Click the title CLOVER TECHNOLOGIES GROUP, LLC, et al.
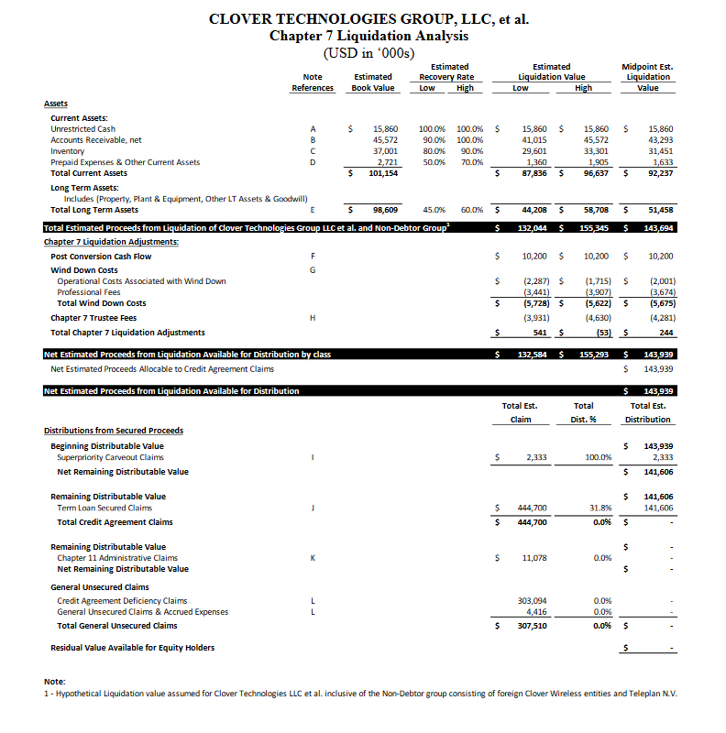pyautogui.click(x=368, y=19)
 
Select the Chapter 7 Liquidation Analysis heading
pyautogui.click(x=368, y=36)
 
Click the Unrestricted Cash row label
pyautogui.click(x=82, y=129)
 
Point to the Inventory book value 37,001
pyautogui.click(x=385, y=151)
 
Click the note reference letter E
pyautogui.click(x=313, y=210)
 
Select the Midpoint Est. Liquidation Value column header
pyautogui.click(x=647, y=77)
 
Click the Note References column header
pyautogui.click(x=313, y=82)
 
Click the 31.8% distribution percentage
pyautogui.click(x=601, y=508)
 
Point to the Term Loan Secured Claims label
pyautogui.click(x=104, y=508)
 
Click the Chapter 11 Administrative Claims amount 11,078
pyautogui.click(x=533, y=557)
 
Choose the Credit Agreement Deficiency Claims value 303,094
pyautogui.click(x=533, y=601)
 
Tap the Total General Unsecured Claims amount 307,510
pyautogui.click(x=533, y=626)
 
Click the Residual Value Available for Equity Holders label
pyautogui.click(x=133, y=648)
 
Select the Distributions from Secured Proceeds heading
pyautogui.click(x=114, y=431)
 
